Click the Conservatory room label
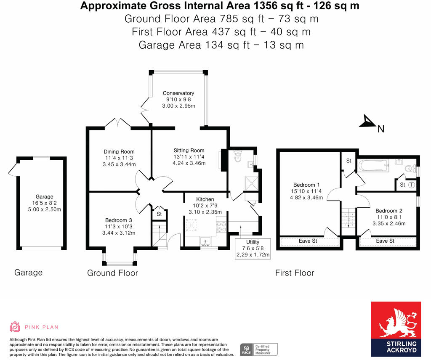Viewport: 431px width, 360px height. pyautogui.click(x=178, y=93)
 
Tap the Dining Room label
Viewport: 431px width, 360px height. pyautogui.click(x=119, y=151)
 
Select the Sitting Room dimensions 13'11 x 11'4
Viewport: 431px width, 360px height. pyautogui.click(x=189, y=157)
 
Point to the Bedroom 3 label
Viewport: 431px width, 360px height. pyautogui.click(x=118, y=220)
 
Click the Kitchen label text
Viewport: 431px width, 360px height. pyautogui.click(x=205, y=199)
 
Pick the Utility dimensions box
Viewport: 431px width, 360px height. pyautogui.click(x=253, y=249)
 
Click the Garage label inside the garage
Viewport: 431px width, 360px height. pyautogui.click(x=44, y=197)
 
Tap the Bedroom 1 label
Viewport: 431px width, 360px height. pyautogui.click(x=306, y=185)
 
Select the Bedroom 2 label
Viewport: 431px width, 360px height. pyautogui.click(x=389, y=211)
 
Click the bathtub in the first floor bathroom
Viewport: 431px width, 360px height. pyautogui.click(x=373, y=166)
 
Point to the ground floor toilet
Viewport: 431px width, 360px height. pyautogui.click(x=237, y=156)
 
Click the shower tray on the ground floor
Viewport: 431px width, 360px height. pyautogui.click(x=251, y=183)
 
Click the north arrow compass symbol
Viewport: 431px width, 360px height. pyautogui.click(x=367, y=122)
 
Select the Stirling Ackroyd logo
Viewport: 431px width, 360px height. pyautogui.click(x=396, y=329)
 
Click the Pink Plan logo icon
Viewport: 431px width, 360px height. pyautogui.click(x=15, y=327)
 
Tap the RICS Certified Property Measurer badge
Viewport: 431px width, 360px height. pyautogui.click(x=259, y=349)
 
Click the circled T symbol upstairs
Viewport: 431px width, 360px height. pyautogui.click(x=411, y=185)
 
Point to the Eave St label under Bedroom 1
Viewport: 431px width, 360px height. pyautogui.click(x=308, y=241)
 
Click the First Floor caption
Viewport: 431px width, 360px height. pyautogui.click(x=295, y=273)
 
